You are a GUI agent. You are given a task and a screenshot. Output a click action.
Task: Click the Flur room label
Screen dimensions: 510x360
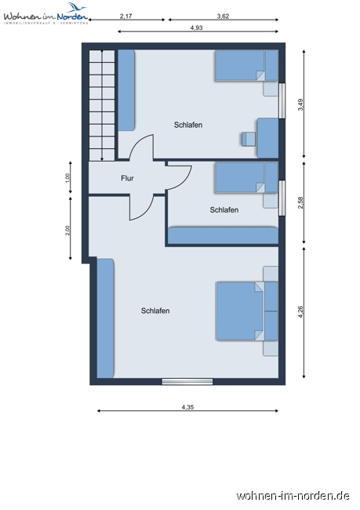click(x=127, y=178)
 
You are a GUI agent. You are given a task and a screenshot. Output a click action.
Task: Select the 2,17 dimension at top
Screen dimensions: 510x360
click(x=126, y=16)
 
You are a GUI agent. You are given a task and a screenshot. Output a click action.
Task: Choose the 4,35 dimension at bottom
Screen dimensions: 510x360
click(x=187, y=406)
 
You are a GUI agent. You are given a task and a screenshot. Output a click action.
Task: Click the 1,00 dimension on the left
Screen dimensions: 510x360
click(x=68, y=178)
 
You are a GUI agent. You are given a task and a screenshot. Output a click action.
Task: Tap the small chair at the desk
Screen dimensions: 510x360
click(x=248, y=139)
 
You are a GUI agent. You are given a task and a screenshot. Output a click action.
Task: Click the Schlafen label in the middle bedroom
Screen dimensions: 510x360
click(x=224, y=209)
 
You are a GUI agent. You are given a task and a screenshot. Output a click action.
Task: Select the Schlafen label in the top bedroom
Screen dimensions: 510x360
click(x=188, y=125)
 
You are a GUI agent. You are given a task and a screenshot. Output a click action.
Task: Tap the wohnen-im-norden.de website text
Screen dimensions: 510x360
click(x=293, y=495)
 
